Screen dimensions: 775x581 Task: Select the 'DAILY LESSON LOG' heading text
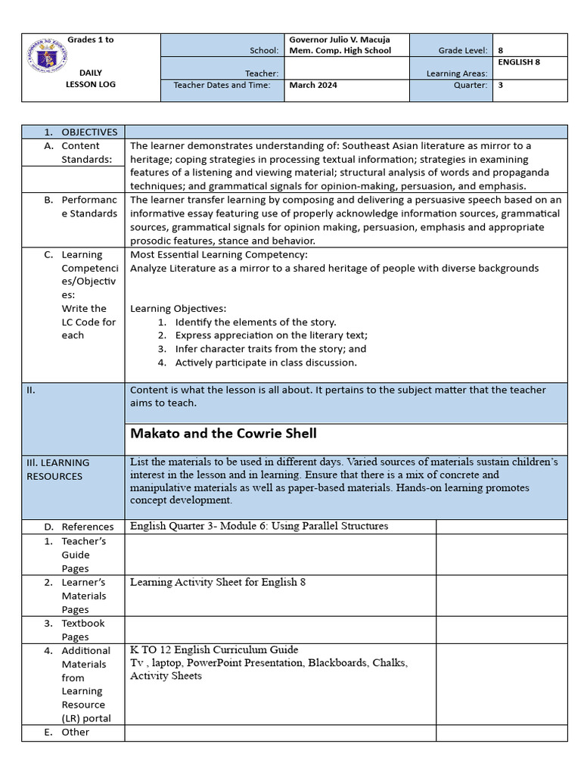[x=91, y=79]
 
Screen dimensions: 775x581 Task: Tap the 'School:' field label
[x=264, y=51]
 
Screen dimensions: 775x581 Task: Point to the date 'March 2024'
[x=313, y=86]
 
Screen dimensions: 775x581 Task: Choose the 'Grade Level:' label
[x=462, y=51]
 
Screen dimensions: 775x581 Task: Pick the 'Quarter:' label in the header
[x=471, y=86]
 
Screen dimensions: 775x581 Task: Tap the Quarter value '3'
[x=500, y=86]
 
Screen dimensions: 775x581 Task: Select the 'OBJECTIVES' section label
[x=89, y=132]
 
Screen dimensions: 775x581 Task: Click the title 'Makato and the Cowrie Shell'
[x=223, y=434]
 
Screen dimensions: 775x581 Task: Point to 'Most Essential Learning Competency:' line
[x=219, y=254]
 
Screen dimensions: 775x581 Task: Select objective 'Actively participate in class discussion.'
[x=266, y=363]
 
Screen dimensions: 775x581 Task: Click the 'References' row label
[x=88, y=527]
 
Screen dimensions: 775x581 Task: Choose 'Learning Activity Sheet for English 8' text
[x=218, y=582]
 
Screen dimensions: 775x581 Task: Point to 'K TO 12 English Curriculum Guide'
[x=214, y=649]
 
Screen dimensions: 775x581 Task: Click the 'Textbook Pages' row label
[x=83, y=630]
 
